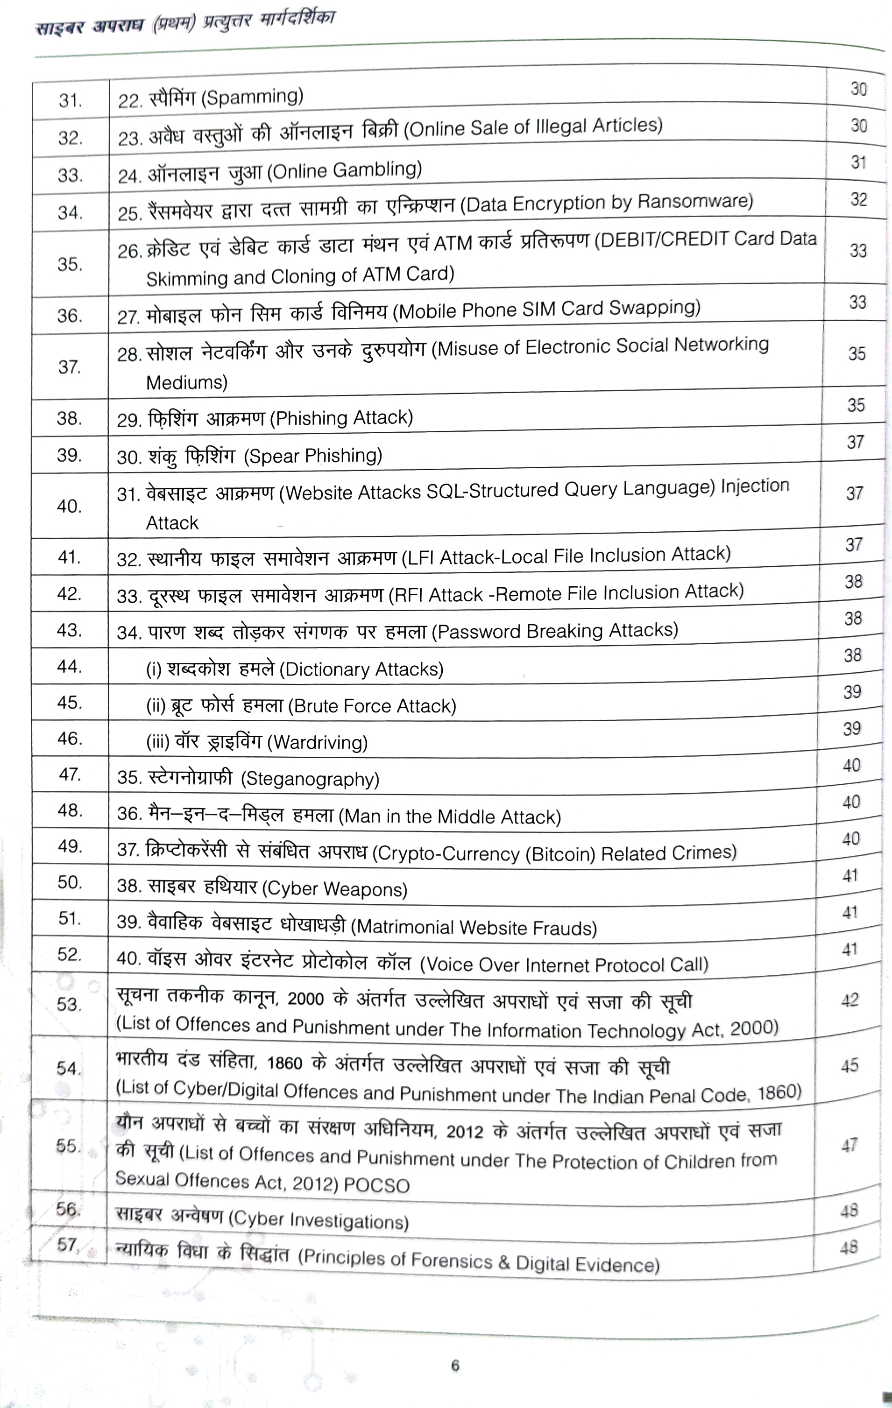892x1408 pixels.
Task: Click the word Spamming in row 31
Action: point(253,97)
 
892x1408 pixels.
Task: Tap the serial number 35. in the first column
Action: point(70,264)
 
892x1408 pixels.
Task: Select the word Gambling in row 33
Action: point(377,169)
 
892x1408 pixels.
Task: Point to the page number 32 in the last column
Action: point(858,199)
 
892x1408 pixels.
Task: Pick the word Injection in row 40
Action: point(755,486)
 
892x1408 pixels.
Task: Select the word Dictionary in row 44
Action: point(325,669)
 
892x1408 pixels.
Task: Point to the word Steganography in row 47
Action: point(312,779)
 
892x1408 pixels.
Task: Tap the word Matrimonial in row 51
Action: point(405,927)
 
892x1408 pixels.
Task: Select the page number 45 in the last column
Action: point(850,1065)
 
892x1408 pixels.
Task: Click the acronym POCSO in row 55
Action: point(377,1185)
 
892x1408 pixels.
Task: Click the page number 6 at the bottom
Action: point(455,1366)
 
